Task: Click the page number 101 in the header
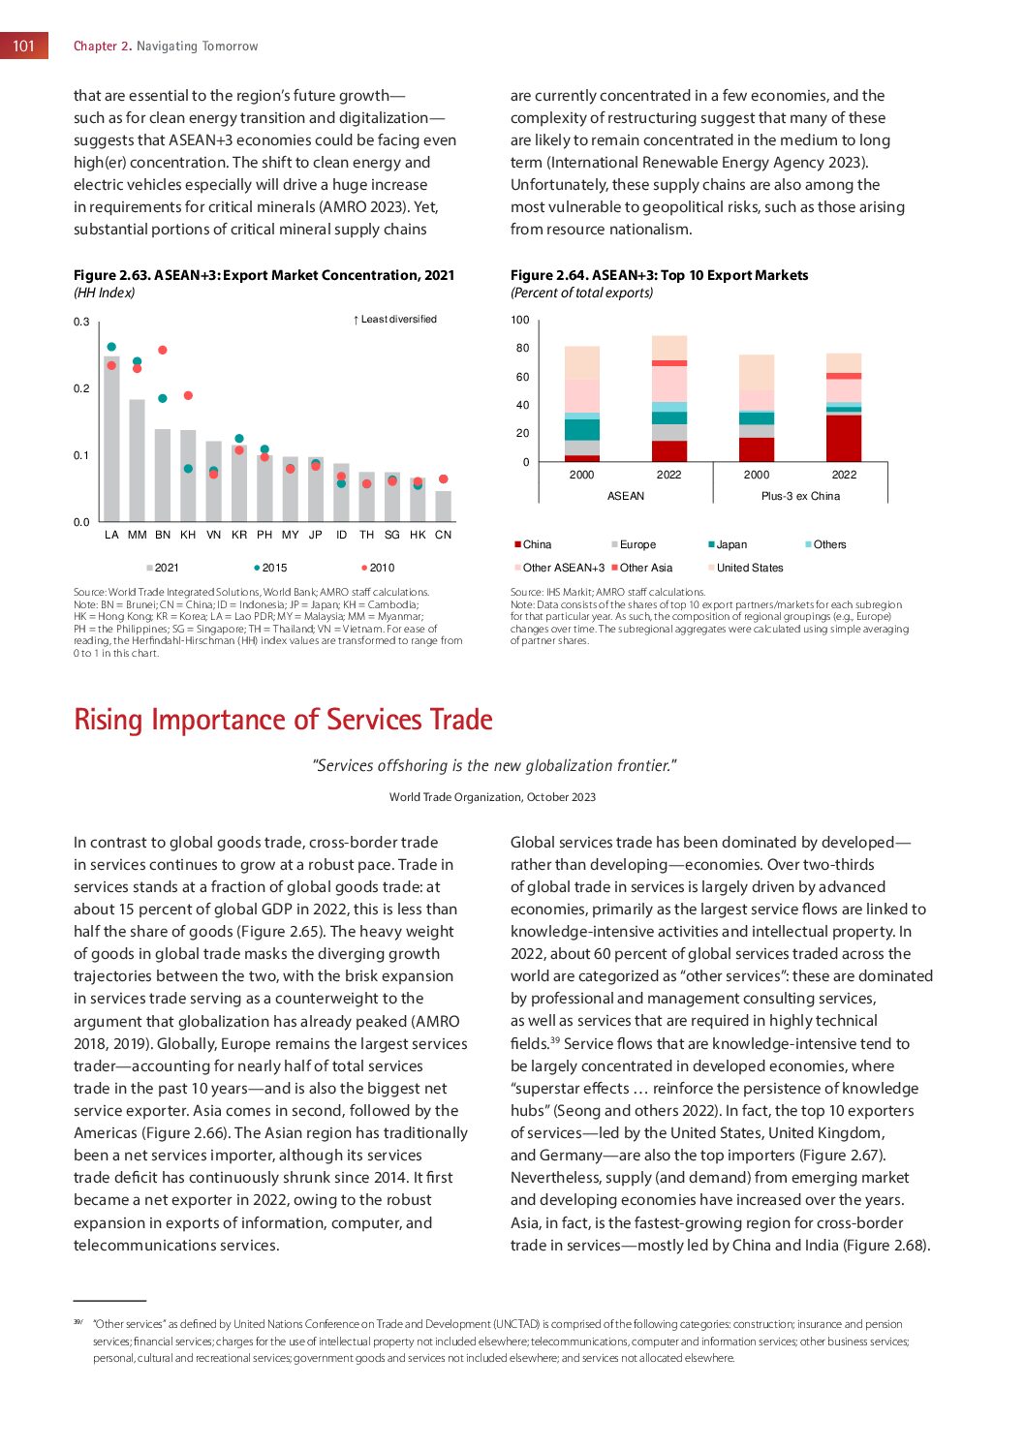[x=24, y=46]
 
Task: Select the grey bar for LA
[x=111, y=441]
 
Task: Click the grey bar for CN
[x=443, y=507]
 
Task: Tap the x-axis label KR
[x=239, y=535]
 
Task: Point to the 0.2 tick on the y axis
[x=81, y=388]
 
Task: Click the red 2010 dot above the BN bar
[x=163, y=350]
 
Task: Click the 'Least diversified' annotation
[x=395, y=319]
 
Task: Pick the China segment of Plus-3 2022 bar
[x=844, y=438]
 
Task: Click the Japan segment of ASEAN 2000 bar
[x=582, y=430]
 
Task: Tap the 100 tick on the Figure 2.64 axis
[x=520, y=320]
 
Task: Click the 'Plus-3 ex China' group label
[x=800, y=496]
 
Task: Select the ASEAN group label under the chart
[x=626, y=496]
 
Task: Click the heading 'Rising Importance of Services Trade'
[x=283, y=720]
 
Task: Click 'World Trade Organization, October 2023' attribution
[x=492, y=797]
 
